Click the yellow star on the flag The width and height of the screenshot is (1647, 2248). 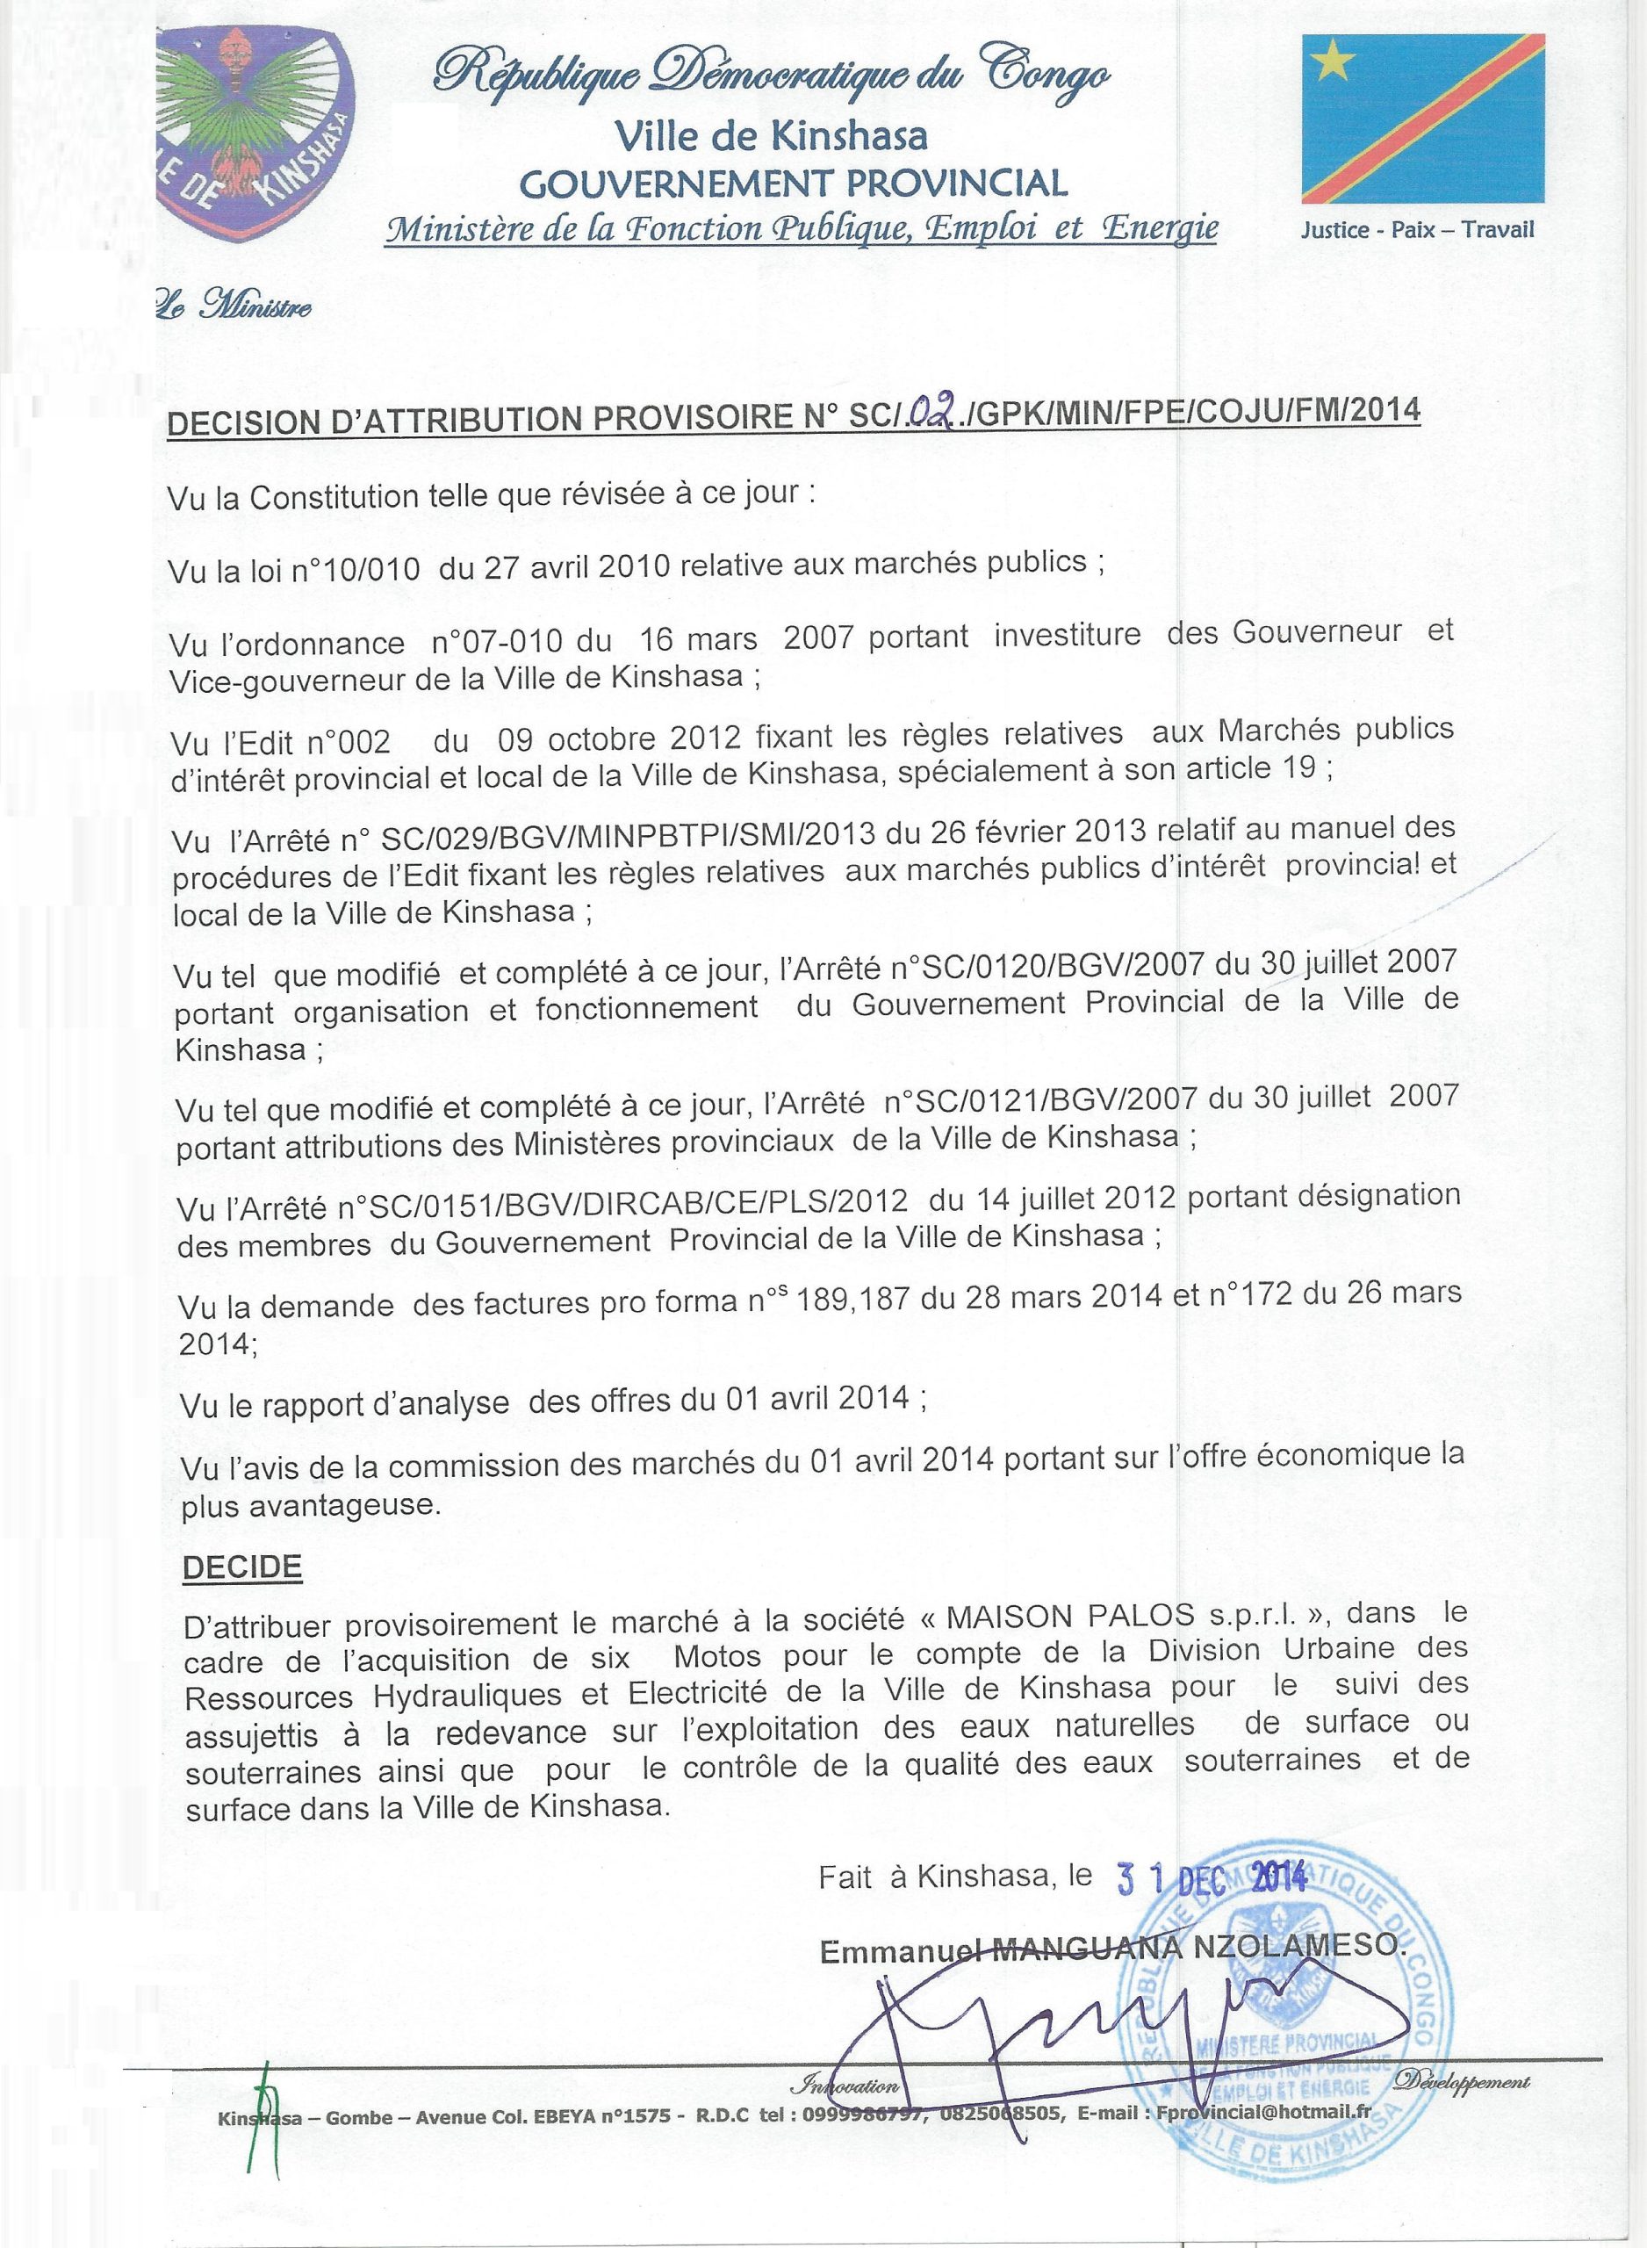pos(1335,65)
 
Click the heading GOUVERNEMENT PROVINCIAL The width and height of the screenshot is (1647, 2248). pos(795,183)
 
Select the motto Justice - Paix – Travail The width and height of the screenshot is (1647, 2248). pos(1417,230)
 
